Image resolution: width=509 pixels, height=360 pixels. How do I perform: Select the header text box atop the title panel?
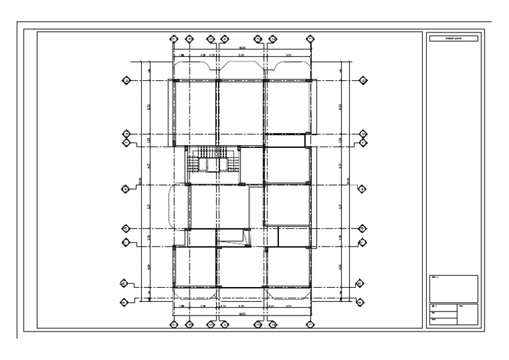click(x=453, y=39)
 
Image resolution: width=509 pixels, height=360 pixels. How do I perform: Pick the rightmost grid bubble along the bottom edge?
click(x=310, y=325)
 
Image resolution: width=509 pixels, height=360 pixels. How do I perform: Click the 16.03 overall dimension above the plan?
click(x=242, y=48)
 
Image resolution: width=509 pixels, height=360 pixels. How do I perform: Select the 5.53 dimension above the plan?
click(x=289, y=55)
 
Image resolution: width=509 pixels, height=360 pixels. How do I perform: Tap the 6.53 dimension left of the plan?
click(x=148, y=106)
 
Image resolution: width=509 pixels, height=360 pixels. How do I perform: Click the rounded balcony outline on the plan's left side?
click(x=178, y=206)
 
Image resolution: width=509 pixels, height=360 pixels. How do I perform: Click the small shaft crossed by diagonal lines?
click(x=233, y=237)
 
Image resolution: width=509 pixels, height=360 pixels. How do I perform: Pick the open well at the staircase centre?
click(x=213, y=165)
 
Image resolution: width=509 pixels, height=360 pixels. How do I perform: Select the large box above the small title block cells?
click(x=453, y=288)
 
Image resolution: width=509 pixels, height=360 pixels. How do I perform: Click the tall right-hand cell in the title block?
click(x=467, y=314)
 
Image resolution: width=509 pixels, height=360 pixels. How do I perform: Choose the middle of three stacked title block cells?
click(x=443, y=314)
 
